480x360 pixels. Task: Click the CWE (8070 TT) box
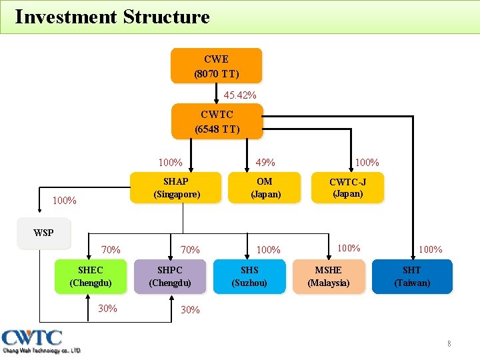tap(216, 65)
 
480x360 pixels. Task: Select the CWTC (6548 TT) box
tap(217, 121)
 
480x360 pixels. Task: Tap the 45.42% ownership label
tap(240, 95)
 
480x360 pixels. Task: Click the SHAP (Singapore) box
tap(175, 187)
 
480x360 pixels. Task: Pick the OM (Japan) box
tap(265, 187)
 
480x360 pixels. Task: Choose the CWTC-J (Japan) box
tap(347, 187)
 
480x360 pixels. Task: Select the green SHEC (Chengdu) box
tap(91, 276)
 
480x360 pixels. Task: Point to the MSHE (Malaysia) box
tap(328, 276)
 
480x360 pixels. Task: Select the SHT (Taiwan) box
tap(412, 276)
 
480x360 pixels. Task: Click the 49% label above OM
tap(265, 163)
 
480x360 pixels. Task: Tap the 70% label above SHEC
tap(111, 250)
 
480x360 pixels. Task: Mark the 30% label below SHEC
tap(107, 308)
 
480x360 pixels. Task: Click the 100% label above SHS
tap(268, 250)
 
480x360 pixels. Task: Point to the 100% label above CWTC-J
tap(367, 162)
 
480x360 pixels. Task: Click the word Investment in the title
tap(65, 17)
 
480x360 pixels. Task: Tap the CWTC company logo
tap(41, 341)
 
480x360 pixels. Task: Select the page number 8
tap(449, 344)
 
